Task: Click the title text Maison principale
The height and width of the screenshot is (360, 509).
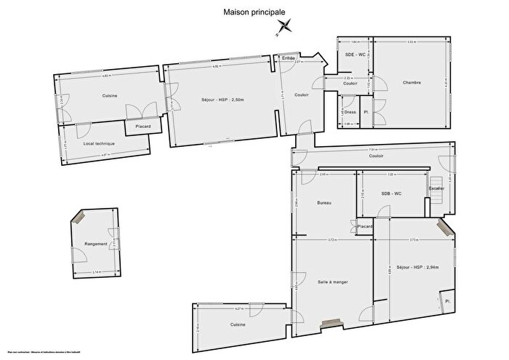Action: (254, 12)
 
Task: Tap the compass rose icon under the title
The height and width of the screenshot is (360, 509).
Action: (284, 28)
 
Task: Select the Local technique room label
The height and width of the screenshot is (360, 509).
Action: (100, 143)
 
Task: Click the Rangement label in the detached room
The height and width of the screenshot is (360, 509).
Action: (95, 244)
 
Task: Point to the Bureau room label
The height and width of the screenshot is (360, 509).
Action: (324, 203)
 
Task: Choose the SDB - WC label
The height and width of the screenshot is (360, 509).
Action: (391, 193)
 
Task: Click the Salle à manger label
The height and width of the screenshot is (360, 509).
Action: (332, 281)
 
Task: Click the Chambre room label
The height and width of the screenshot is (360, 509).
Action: (412, 83)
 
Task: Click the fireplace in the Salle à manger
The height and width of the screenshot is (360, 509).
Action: (332, 321)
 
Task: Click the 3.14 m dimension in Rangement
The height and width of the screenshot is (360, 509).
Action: (96, 273)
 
